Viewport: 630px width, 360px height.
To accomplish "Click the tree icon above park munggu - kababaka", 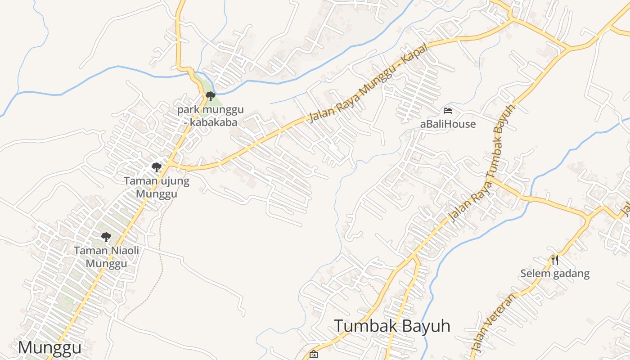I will click(210, 96).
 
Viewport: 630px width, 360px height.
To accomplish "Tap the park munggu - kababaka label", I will click(210, 116).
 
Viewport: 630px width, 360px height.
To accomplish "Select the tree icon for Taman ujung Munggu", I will click(156, 167).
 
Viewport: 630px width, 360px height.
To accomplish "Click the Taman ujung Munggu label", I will click(157, 188).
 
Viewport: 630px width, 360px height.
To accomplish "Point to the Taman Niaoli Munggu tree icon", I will click(106, 237).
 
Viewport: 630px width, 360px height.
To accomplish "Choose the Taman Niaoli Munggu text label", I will click(107, 257).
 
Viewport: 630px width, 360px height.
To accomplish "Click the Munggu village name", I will click(50, 347).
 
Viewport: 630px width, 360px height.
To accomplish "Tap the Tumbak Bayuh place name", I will click(392, 326).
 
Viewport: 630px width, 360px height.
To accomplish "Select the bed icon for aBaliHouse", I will click(448, 110).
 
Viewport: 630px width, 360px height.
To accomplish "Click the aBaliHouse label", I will click(448, 124).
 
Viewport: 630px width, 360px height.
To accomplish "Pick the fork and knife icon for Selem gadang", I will click(555, 260).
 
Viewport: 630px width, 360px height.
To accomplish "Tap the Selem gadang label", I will click(555, 274).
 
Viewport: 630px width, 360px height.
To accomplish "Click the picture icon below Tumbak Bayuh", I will click(314, 355).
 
